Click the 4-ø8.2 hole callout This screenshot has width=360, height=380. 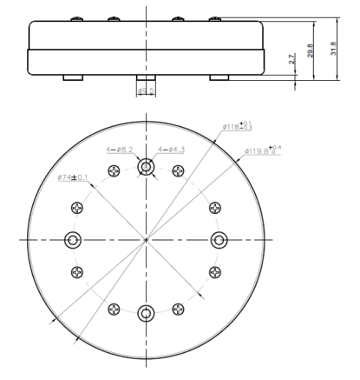[x=119, y=150]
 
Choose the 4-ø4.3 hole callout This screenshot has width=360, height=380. [x=172, y=150]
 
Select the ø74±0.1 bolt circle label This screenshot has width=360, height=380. [x=73, y=178]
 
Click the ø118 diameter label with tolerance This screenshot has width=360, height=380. [x=237, y=126]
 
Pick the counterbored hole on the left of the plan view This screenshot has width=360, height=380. [x=73, y=240]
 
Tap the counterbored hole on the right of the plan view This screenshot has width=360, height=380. [x=219, y=240]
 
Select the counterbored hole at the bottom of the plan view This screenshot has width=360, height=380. [x=146, y=314]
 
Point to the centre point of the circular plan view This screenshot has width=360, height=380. [x=146, y=240]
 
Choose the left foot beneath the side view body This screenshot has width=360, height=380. [x=72, y=77]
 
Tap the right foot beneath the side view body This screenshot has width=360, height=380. [x=219, y=77]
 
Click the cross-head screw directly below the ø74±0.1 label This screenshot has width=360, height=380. [x=76, y=208]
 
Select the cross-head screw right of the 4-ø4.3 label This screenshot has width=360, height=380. [x=178, y=171]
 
